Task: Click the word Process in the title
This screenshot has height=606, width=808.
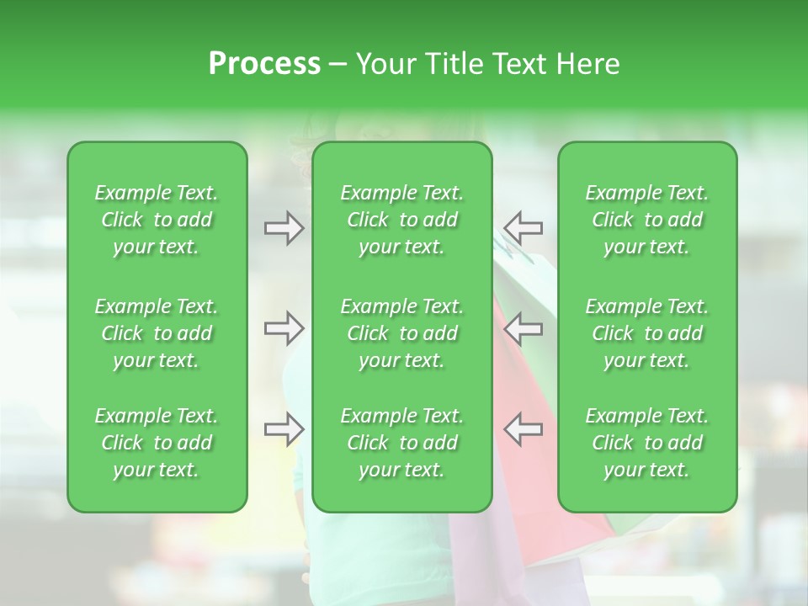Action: click(264, 64)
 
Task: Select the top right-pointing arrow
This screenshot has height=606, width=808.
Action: click(284, 228)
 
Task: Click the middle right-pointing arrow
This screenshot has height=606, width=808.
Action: click(284, 328)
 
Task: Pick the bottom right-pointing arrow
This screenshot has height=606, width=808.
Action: click(284, 429)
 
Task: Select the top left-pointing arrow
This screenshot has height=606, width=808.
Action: click(523, 228)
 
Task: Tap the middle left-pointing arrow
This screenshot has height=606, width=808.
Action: click(523, 328)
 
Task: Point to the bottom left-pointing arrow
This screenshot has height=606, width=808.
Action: click(523, 429)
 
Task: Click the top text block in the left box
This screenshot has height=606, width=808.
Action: click(157, 220)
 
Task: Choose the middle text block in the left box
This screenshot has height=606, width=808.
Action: click(157, 333)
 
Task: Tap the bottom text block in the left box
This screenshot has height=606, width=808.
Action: click(157, 443)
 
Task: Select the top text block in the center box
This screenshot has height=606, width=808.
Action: click(402, 220)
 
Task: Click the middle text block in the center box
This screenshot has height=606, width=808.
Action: click(402, 333)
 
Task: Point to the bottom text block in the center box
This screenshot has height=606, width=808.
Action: click(402, 443)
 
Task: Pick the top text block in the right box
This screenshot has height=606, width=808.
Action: click(647, 220)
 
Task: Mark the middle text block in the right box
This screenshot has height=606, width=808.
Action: click(647, 333)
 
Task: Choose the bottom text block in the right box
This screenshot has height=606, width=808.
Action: click(647, 443)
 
